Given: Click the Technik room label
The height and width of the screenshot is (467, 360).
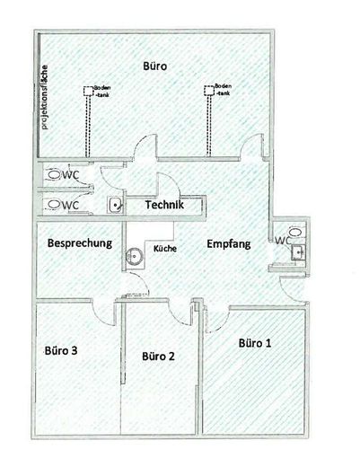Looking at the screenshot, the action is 164,205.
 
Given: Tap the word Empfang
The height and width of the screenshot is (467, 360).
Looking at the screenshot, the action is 229,244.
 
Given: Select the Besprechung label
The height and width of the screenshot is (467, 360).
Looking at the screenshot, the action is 80,243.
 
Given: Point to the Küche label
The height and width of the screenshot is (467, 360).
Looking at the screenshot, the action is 165,249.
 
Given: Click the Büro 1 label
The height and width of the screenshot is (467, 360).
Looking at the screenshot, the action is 255,343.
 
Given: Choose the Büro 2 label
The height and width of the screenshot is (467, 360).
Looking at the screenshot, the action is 158,357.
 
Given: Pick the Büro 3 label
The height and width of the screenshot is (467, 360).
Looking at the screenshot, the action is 61,350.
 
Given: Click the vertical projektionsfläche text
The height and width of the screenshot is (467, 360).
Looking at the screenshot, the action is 45,97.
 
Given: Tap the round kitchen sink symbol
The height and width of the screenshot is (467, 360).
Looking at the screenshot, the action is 133,256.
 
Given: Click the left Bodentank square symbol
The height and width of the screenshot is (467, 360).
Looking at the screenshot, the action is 88,91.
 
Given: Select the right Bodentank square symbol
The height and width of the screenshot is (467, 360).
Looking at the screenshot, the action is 209,91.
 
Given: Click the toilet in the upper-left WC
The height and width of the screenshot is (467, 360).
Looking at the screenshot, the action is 54,174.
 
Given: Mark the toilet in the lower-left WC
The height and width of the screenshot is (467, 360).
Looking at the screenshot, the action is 54,205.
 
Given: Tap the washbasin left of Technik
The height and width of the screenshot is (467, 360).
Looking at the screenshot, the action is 115,205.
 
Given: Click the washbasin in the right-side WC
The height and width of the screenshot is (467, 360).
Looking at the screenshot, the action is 299,252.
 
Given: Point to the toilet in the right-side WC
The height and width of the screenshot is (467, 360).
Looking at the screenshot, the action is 296,232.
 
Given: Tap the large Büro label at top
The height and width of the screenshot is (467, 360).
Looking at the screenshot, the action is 154,66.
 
